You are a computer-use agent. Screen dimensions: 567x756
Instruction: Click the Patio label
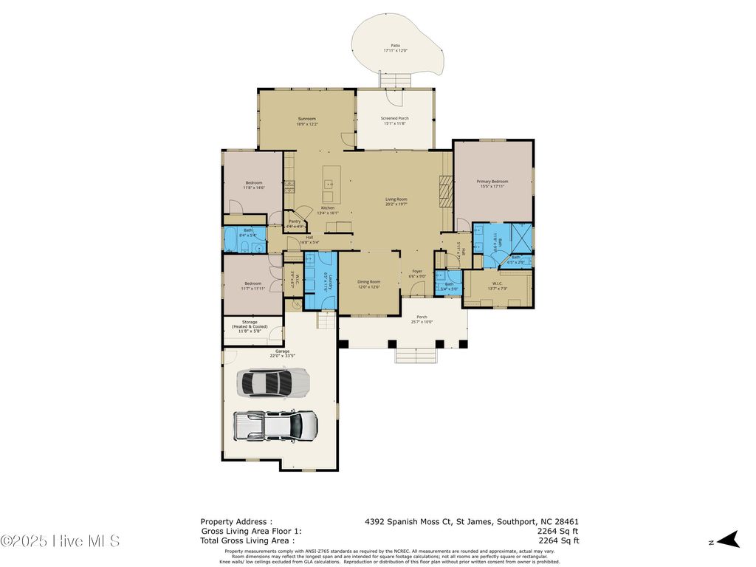click(x=396, y=48)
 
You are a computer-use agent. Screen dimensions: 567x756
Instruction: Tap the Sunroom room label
click(x=306, y=121)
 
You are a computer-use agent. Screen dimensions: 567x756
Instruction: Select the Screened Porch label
click(x=394, y=121)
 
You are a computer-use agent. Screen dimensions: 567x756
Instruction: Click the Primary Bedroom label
click(x=492, y=184)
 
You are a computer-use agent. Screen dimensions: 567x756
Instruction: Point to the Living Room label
click(x=396, y=202)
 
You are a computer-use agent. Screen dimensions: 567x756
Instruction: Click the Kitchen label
click(x=328, y=210)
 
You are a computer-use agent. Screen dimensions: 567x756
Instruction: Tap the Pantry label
click(x=295, y=223)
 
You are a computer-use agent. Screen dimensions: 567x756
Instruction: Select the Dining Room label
click(x=369, y=284)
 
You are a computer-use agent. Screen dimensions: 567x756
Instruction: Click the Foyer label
click(x=417, y=274)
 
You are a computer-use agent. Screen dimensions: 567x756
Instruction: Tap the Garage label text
click(x=282, y=353)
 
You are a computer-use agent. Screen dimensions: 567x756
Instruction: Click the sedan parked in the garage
click(x=272, y=382)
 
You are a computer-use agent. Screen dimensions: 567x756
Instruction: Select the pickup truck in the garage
click(x=276, y=425)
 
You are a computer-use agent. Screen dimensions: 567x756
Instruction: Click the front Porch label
click(x=422, y=319)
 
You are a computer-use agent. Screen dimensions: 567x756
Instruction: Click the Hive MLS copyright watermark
click(x=60, y=541)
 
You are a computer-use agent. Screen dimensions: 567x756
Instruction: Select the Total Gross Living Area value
click(x=557, y=540)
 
